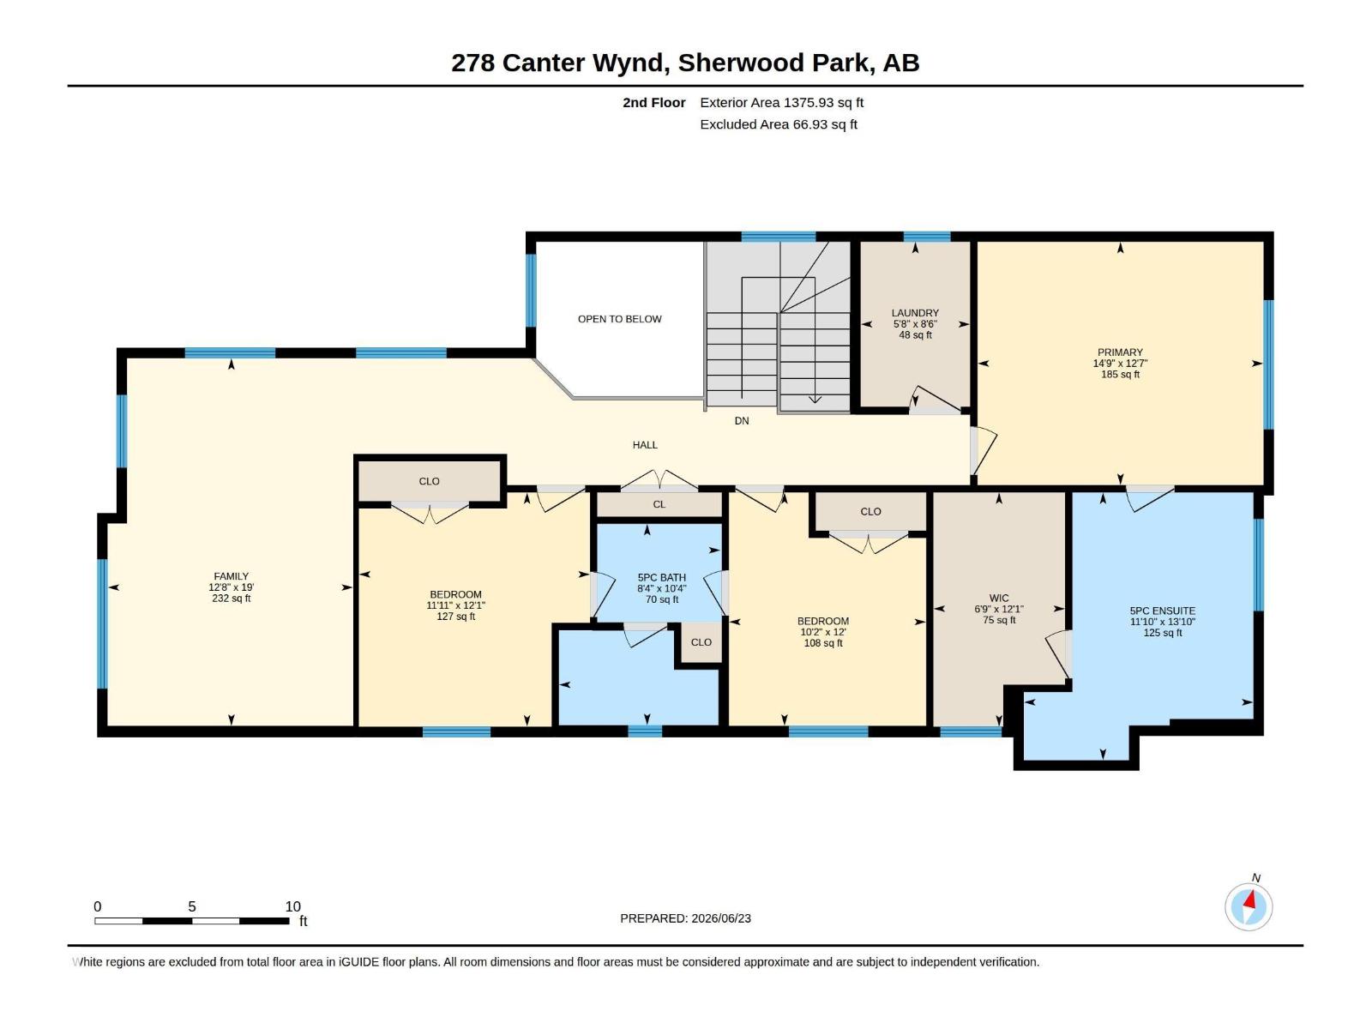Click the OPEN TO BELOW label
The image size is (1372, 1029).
coord(619,319)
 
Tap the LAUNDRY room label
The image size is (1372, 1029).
coord(914,313)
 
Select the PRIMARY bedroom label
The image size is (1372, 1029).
coord(1120,352)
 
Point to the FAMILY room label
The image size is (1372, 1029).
coord(231,576)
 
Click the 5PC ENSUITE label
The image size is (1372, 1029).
coord(1162,611)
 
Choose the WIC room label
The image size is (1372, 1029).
coord(998,599)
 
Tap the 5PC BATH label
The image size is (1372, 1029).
coord(661,578)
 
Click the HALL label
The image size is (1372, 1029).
coord(645,445)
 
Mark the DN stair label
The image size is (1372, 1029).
coord(742,421)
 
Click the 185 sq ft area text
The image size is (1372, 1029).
coord(1120,375)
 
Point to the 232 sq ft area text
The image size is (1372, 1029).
coord(231,599)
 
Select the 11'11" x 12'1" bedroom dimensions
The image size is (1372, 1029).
coord(455,605)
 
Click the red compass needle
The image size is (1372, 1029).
coord(1249,900)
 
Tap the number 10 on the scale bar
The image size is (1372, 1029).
coord(292,906)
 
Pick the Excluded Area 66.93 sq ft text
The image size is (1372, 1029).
coord(779,124)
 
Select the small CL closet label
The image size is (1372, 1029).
coord(659,505)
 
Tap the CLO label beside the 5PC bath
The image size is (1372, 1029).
coord(701,642)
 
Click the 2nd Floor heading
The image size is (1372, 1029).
coord(653,102)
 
